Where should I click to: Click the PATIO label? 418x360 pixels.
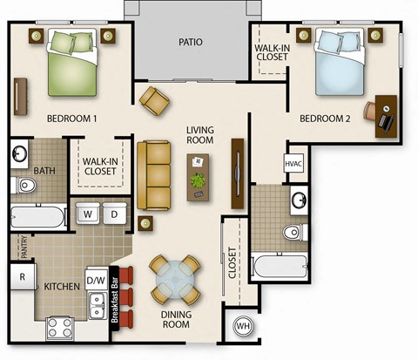191,42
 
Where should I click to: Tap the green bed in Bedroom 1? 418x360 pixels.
71,61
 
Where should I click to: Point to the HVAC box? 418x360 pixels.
293,164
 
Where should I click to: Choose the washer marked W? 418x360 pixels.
89,214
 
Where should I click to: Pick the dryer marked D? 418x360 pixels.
113,214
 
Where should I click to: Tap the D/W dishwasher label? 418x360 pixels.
96,280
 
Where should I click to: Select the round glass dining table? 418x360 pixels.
171,280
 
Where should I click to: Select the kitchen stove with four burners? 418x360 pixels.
60,327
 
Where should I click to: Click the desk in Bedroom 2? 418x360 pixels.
387,116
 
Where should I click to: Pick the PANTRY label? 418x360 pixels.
14,248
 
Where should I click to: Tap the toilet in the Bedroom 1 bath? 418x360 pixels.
24,185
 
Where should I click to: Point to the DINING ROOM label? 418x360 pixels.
177,318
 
